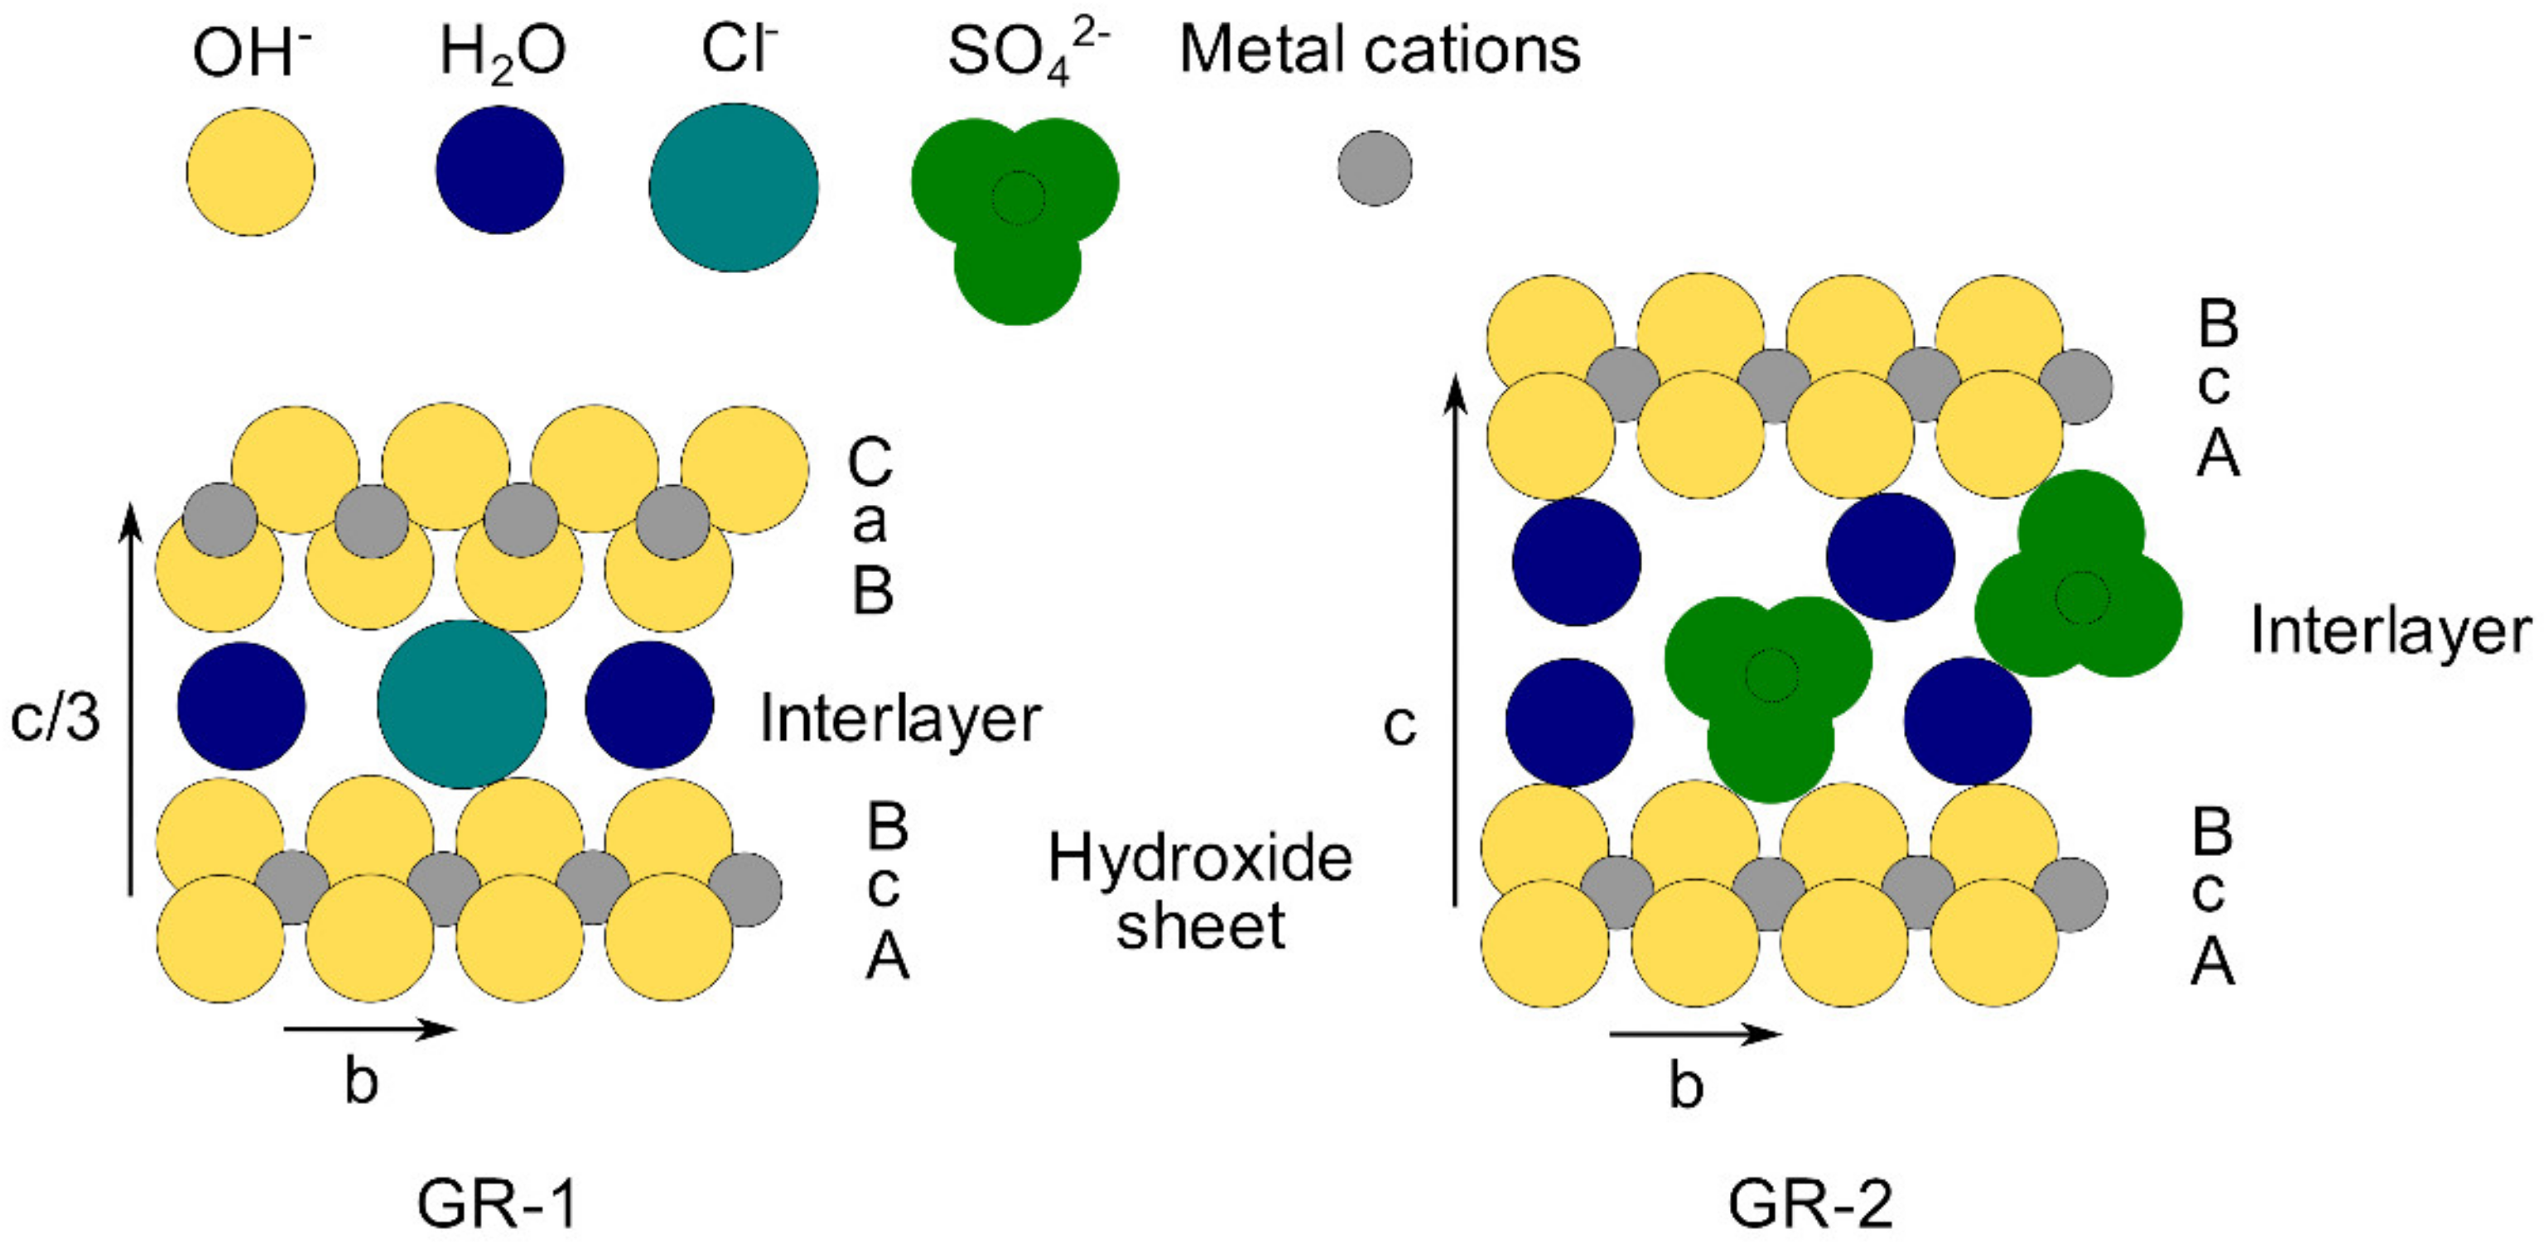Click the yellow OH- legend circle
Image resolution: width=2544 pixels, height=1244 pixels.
[251, 172]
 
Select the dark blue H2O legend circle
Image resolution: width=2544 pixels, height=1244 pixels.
[499, 170]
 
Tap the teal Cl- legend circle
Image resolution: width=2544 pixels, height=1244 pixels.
[734, 188]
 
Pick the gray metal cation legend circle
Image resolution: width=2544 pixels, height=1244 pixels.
[1375, 169]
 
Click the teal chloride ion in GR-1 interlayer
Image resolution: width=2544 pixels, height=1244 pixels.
[461, 704]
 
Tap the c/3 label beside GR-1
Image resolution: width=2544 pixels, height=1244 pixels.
[55, 718]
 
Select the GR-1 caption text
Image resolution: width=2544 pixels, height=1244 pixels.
[496, 1203]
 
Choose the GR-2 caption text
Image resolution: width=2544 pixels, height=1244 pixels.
[1810, 1203]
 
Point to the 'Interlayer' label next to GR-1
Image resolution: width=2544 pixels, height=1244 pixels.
[899, 718]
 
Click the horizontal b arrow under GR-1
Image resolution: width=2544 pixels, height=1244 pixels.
[370, 1030]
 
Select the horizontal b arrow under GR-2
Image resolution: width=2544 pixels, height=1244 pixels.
[1696, 1035]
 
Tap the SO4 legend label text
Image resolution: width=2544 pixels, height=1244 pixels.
[1027, 51]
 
